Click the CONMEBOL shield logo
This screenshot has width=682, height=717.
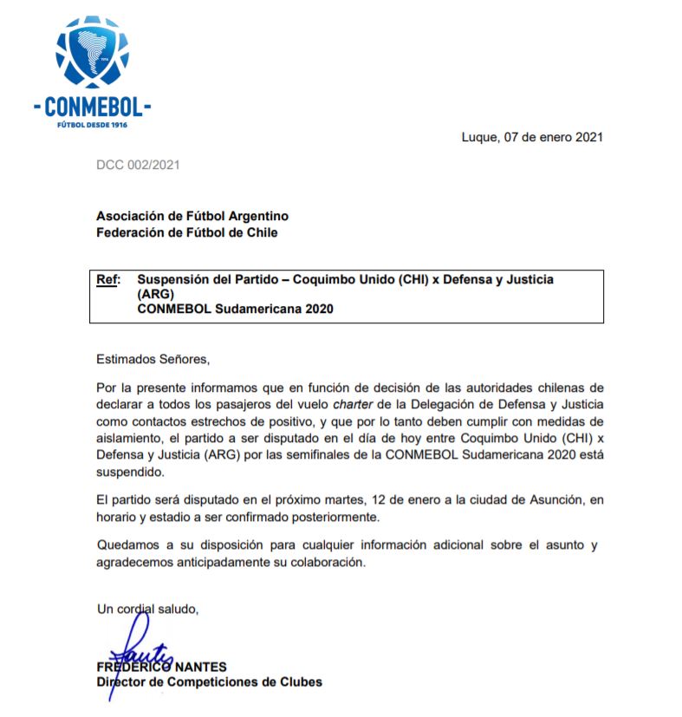91,55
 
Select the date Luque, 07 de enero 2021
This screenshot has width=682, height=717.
532,137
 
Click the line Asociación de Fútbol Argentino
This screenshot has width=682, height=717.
192,216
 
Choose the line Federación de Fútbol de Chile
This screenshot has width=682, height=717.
187,231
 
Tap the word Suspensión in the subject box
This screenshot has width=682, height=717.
168,279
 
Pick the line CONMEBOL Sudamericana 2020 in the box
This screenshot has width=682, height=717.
235,309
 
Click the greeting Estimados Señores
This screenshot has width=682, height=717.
153,357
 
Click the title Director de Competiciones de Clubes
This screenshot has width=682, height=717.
209,682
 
